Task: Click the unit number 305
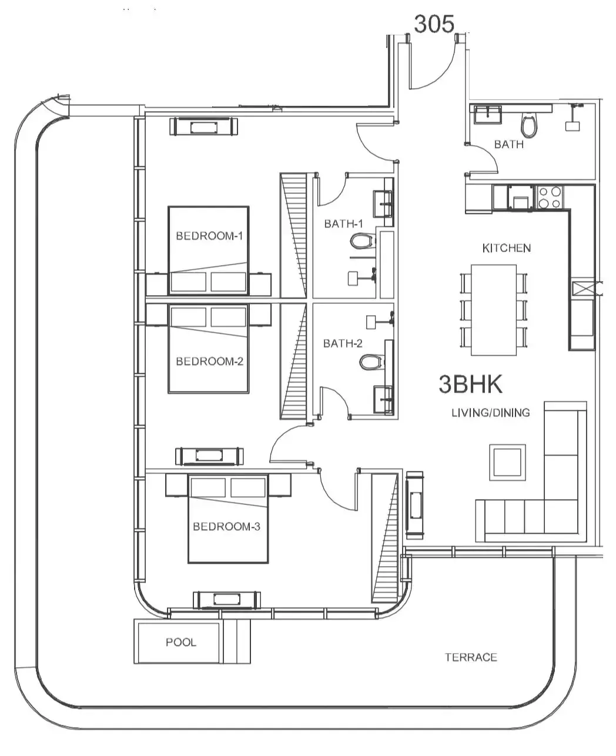434,24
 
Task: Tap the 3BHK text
470,384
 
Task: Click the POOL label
181,642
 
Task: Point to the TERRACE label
471,657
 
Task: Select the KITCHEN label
506,248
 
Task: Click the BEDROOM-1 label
209,236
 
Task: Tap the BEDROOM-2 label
210,362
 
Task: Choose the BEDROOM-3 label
226,526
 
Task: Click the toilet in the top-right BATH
529,125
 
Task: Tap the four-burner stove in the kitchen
550,198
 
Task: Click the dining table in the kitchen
494,310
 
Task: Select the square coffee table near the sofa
507,463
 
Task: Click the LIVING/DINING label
490,413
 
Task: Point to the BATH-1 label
343,223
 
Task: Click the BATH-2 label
343,343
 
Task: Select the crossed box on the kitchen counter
583,288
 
